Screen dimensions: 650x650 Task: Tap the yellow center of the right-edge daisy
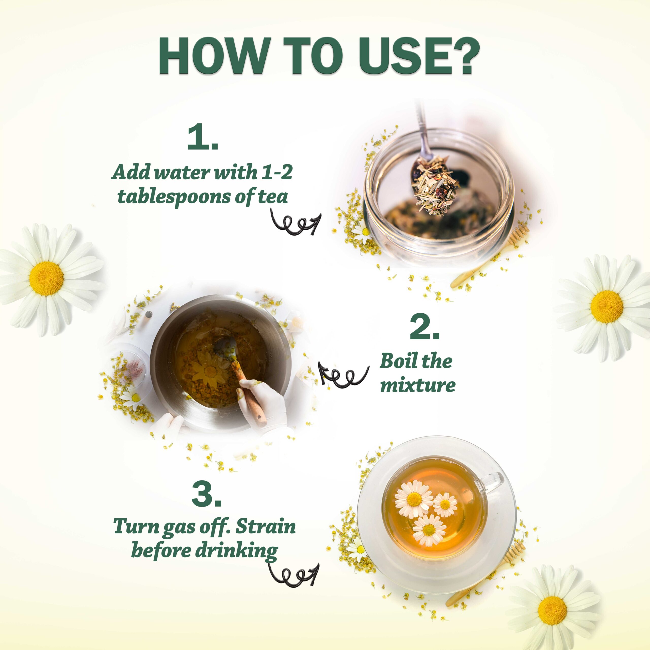[x=607, y=306]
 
